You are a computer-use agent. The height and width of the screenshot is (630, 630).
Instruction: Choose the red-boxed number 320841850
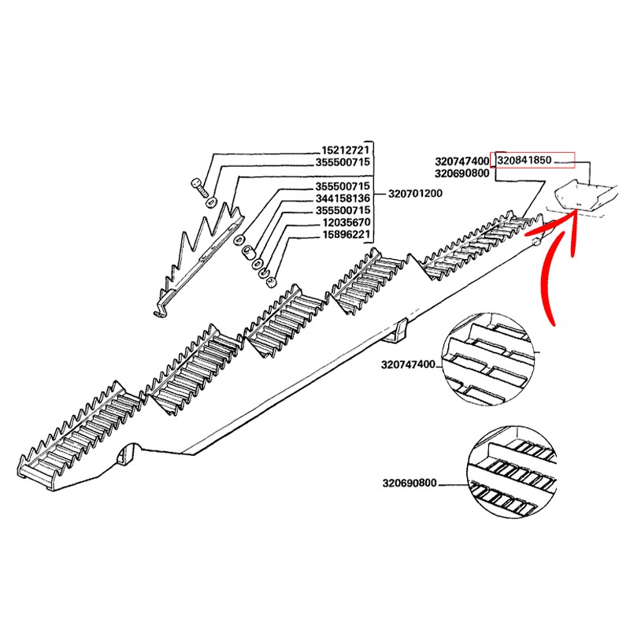524,160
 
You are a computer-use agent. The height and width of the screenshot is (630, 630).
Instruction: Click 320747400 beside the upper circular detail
408,365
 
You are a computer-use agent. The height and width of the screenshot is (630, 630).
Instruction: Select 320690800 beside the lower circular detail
408,483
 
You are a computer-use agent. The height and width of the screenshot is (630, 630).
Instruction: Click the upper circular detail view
489,364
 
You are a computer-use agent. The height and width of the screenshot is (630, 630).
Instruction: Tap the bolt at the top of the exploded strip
197,187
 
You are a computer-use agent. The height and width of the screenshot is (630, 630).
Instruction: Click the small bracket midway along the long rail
398,331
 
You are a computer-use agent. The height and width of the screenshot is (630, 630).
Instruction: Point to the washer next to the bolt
212,204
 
